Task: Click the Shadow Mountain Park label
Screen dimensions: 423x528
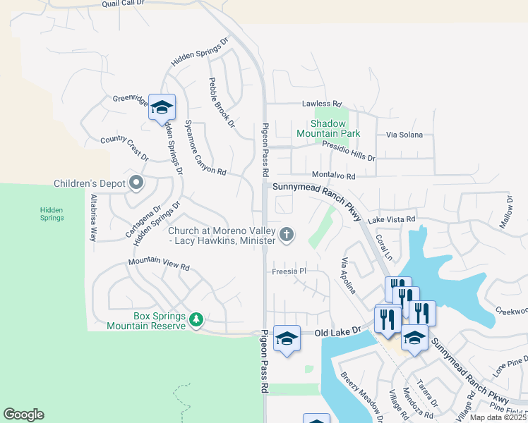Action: tap(328, 128)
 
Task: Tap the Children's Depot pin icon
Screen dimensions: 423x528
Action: tap(136, 184)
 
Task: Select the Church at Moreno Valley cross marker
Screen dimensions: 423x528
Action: tap(286, 235)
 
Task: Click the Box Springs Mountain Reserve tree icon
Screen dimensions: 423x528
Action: tap(197, 321)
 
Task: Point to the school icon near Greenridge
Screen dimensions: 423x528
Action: tap(162, 108)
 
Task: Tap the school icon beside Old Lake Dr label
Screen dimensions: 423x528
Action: tap(287, 338)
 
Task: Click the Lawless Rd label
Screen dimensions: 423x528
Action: tap(321, 104)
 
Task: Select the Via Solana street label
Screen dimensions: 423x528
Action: tap(404, 135)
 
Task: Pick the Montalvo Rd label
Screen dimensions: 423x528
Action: tap(332, 176)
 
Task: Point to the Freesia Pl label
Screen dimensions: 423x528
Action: tap(289, 271)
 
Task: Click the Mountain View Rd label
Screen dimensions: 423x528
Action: tap(159, 266)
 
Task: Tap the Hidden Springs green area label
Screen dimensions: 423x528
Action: tap(52, 214)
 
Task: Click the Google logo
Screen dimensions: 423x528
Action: tap(23, 415)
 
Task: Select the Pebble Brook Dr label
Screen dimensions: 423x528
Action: tap(222, 103)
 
